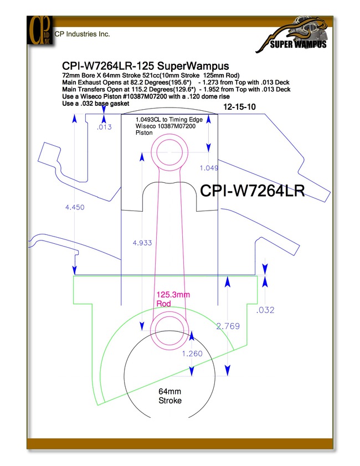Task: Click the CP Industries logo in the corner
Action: (40, 30)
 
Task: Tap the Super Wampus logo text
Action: (298, 44)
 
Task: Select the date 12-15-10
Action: (239, 107)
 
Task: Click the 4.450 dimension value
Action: (75, 207)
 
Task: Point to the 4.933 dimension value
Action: (142, 243)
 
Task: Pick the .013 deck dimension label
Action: (104, 127)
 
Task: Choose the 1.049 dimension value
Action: (209, 168)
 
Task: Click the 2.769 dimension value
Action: (228, 326)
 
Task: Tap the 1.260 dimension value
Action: (192, 354)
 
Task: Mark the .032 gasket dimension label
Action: (265, 310)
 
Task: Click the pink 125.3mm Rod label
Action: (173, 299)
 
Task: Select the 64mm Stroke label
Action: (170, 396)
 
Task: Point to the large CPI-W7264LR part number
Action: (253, 191)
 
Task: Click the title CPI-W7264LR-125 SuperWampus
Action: (146, 66)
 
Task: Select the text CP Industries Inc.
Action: (83, 34)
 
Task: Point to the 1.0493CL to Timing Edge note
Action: (169, 120)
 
